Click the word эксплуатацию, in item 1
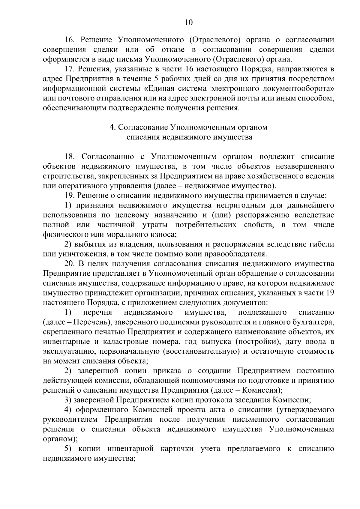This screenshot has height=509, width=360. (63, 352)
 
